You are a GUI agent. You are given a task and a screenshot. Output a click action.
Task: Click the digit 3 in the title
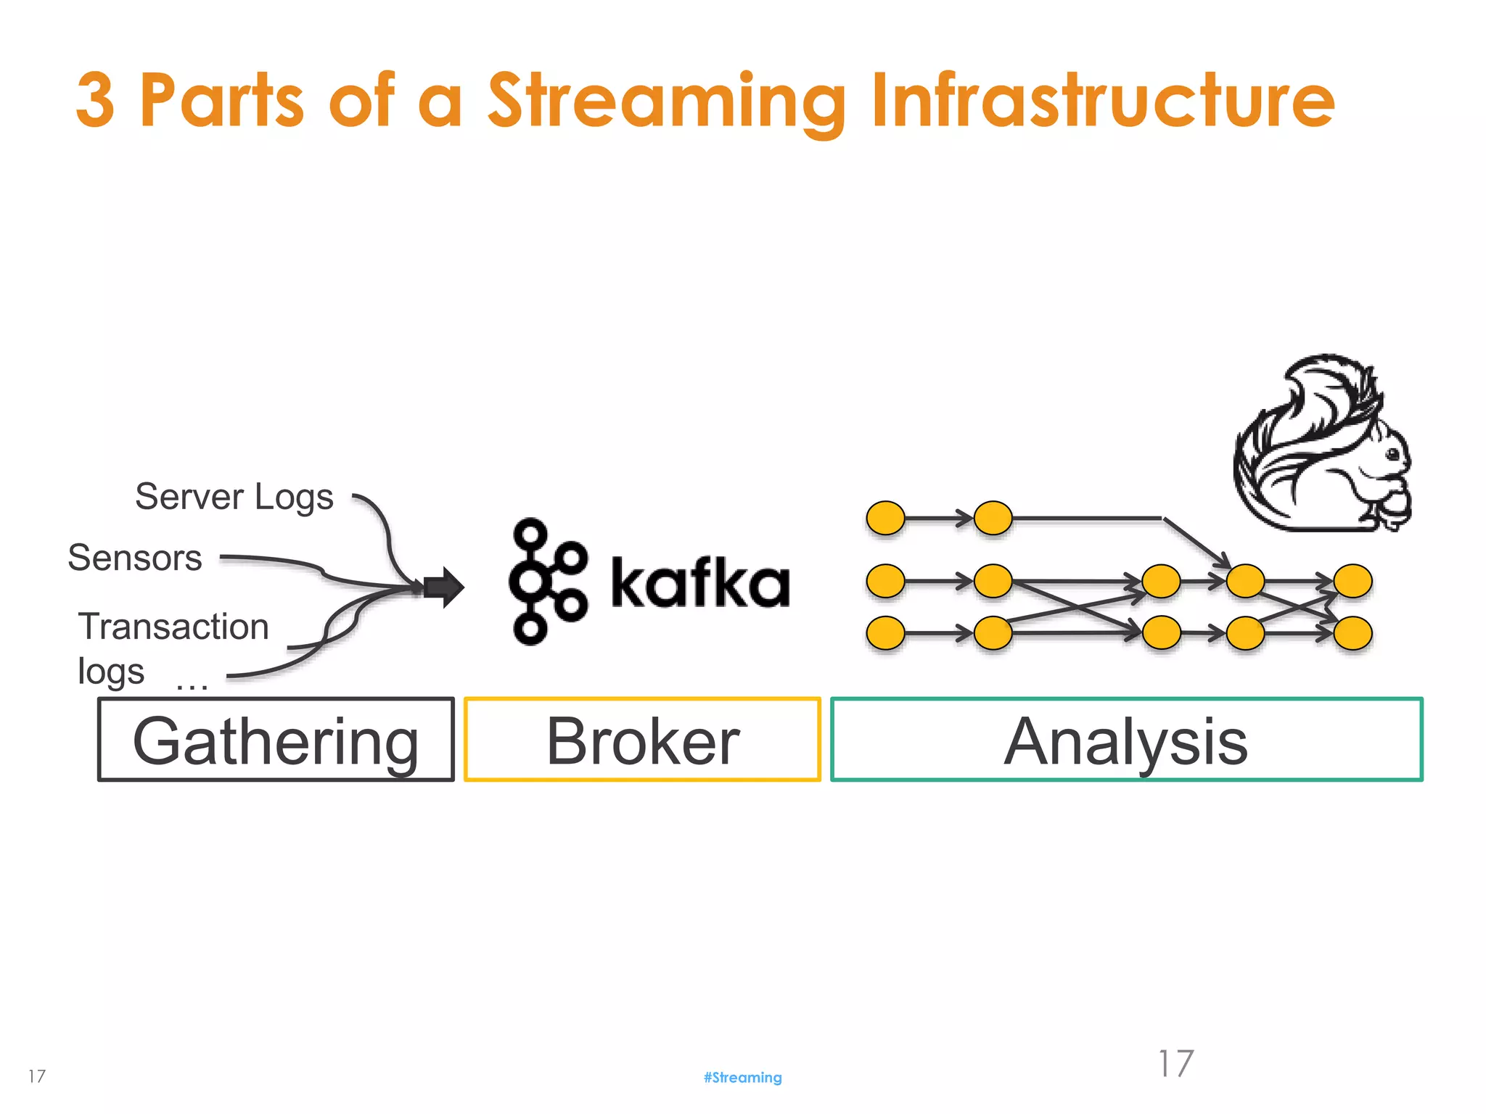pos(95,100)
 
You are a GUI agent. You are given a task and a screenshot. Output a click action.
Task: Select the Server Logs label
pos(234,498)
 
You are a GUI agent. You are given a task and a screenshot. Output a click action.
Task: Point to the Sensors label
pos(135,558)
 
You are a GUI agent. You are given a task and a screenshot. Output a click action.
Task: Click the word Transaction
pos(173,627)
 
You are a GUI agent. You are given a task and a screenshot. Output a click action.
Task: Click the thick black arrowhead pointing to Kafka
pos(444,587)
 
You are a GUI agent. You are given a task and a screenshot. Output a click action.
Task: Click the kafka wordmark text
pos(700,582)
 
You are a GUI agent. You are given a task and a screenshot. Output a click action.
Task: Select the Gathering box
pos(276,740)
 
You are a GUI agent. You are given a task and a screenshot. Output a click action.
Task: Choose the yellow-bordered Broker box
pos(642,740)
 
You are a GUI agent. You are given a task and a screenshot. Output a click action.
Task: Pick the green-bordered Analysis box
pos(1126,740)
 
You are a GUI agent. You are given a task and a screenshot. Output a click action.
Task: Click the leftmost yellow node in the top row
pos(885,519)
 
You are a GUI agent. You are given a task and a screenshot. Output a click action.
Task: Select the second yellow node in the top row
pos(993,519)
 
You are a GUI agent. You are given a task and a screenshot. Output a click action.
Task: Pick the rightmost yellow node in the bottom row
pos(1352,633)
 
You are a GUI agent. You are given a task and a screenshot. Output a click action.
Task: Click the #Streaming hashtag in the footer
pos(742,1078)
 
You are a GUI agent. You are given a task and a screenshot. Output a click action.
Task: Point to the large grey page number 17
pos(1175,1064)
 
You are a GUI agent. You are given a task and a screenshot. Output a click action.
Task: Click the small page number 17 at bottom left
pos(37,1076)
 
